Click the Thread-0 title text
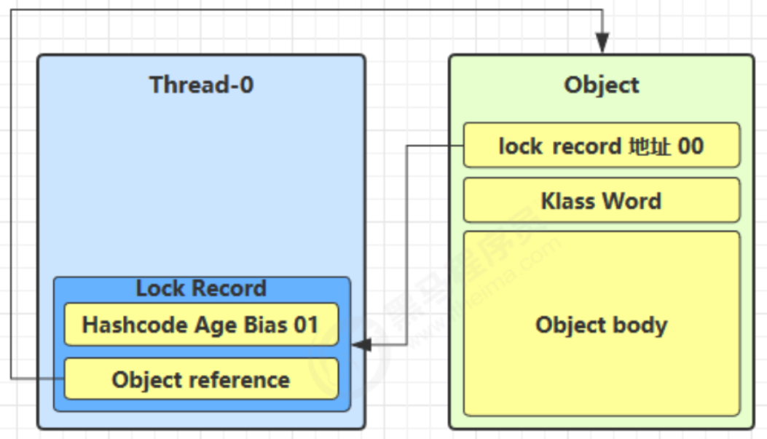[201, 84]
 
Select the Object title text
[601, 85]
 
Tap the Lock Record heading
[201, 288]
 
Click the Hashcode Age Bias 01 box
[201, 325]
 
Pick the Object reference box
[201, 379]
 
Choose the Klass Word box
[602, 200]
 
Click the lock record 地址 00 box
[602, 145]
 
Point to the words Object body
[601, 325]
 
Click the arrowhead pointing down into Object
[602, 43]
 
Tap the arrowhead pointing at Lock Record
[361, 344]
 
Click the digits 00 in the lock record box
[691, 146]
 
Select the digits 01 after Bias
[306, 325]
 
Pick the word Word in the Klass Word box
[632, 201]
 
